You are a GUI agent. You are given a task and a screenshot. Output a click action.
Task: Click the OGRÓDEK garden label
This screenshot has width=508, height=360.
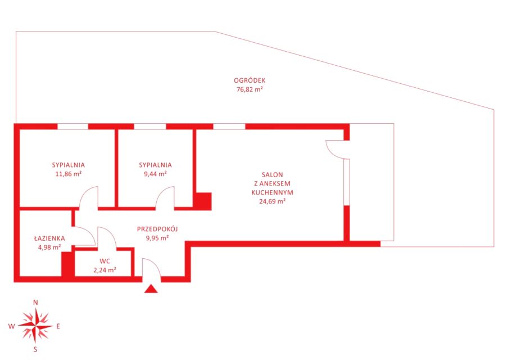pyautogui.click(x=250, y=80)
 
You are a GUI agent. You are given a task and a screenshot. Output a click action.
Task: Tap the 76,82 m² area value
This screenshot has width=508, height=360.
pyautogui.click(x=250, y=89)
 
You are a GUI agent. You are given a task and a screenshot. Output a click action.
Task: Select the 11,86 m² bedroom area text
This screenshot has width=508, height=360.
pyautogui.click(x=69, y=173)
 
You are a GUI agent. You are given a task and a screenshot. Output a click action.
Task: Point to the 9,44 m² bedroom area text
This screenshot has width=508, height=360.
pyautogui.click(x=155, y=173)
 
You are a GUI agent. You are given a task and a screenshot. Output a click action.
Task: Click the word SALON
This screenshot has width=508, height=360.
pyautogui.click(x=273, y=174)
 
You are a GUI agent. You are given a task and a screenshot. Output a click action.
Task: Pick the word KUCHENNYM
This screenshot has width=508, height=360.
pyautogui.click(x=273, y=192)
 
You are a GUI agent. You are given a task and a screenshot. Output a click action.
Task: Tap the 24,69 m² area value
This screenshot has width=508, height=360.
pyautogui.click(x=273, y=201)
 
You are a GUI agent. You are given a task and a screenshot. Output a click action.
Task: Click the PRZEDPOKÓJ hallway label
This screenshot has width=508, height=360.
pyautogui.click(x=157, y=229)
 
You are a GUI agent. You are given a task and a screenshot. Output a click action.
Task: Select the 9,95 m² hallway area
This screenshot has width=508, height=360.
pyautogui.click(x=157, y=238)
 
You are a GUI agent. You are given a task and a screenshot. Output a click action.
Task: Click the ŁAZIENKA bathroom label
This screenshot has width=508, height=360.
pyautogui.click(x=49, y=238)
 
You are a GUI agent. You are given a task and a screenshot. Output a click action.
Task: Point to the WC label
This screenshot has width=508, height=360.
pyautogui.click(x=105, y=261)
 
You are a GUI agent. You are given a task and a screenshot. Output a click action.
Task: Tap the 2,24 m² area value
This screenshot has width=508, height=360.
pyautogui.click(x=105, y=270)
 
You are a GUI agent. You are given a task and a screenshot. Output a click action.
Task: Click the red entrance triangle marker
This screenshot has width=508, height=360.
pyautogui.click(x=151, y=289)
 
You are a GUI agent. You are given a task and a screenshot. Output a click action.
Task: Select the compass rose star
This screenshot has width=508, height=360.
pyautogui.click(x=35, y=326)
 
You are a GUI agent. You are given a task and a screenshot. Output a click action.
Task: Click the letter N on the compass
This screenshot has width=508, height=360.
pyautogui.click(x=35, y=303)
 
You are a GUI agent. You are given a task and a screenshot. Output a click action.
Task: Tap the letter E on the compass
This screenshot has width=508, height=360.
pyautogui.click(x=58, y=326)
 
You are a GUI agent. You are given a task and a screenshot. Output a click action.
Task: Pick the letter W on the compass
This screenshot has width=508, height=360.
pyautogui.click(x=11, y=326)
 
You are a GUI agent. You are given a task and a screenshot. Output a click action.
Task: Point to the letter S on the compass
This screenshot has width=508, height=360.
pyautogui.click(x=35, y=349)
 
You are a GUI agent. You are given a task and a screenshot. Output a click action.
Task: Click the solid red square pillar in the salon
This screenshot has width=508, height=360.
pyautogui.click(x=203, y=201)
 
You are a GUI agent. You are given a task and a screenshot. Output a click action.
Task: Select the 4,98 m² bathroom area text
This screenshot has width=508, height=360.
pyautogui.click(x=49, y=247)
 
